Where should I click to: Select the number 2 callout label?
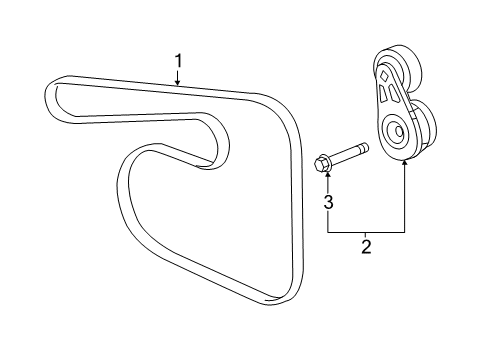click(366, 246)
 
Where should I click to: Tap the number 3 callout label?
click(327, 202)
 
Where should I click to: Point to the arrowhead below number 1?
click(178, 86)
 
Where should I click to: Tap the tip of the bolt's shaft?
click(366, 149)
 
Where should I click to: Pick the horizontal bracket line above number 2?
click(366, 231)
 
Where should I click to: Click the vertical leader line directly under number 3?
click(327, 221)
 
